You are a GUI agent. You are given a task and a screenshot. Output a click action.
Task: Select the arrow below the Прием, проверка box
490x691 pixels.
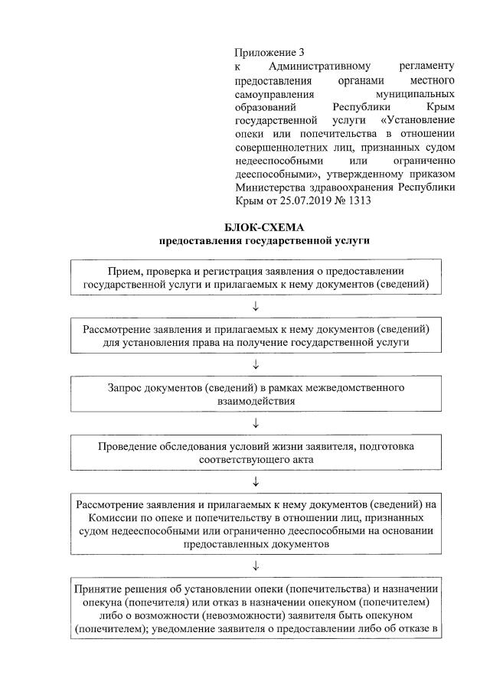pos(256,307)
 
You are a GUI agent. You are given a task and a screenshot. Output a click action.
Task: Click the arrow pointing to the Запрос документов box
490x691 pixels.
pos(256,364)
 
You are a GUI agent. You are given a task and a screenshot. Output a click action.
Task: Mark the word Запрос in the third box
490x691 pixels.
pos(126,387)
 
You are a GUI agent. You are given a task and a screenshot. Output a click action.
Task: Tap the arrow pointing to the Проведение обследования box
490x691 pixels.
pos(256,422)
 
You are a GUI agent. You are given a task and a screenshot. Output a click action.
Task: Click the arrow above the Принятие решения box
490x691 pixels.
pos(256,566)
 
